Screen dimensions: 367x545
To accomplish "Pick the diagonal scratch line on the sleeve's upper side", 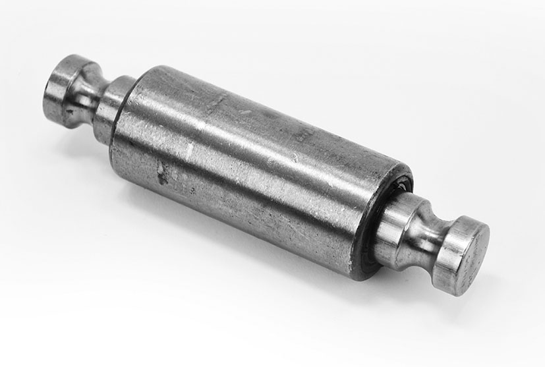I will pyautogui.click(x=217, y=102).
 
